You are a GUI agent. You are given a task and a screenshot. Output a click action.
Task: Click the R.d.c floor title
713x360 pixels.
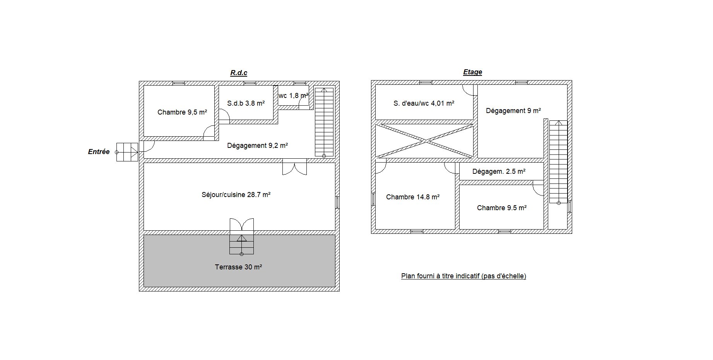point(239,73)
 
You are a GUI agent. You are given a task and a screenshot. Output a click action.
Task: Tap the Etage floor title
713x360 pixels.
point(472,72)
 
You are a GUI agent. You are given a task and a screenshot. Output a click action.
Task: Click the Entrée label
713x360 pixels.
point(99,152)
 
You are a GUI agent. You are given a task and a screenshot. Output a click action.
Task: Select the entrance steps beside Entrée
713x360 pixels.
point(127,152)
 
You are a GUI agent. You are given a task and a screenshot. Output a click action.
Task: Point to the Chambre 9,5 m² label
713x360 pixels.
point(182,112)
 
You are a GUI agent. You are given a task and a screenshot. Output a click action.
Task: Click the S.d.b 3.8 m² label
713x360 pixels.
point(246,103)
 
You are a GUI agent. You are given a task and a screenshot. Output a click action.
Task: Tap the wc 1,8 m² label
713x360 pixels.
point(294,96)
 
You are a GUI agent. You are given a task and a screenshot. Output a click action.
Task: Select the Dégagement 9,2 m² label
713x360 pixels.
point(257,146)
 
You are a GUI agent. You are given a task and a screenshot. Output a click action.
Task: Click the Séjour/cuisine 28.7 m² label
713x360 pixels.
point(236,195)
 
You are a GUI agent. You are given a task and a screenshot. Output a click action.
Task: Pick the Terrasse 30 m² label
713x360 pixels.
point(238,267)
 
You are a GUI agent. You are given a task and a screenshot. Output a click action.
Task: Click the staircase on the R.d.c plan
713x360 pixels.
point(324,122)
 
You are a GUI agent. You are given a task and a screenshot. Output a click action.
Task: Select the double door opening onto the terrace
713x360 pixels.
point(242,225)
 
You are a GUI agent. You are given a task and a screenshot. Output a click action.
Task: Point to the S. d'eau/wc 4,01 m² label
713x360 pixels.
point(424,103)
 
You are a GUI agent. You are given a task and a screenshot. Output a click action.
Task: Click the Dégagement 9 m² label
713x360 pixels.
point(513,111)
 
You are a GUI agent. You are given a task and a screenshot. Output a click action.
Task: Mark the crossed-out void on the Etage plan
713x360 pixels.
point(425,141)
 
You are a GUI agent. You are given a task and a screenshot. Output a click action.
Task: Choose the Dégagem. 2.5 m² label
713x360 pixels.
point(499,171)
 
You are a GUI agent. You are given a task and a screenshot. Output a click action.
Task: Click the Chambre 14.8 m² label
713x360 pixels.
point(413,197)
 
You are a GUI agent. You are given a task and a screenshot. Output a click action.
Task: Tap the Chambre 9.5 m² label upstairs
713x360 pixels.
point(502,208)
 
